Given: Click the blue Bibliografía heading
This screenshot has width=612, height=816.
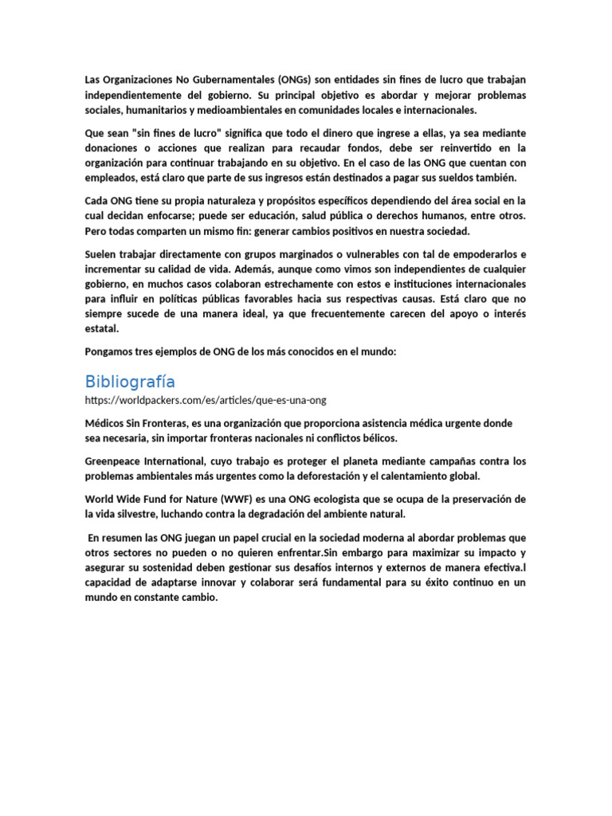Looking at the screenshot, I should (x=130, y=381).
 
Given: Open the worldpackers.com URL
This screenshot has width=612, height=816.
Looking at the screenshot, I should (x=206, y=399).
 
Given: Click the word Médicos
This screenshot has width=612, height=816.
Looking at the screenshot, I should (x=105, y=422).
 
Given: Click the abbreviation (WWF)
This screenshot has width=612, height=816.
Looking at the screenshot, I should (x=238, y=500).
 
